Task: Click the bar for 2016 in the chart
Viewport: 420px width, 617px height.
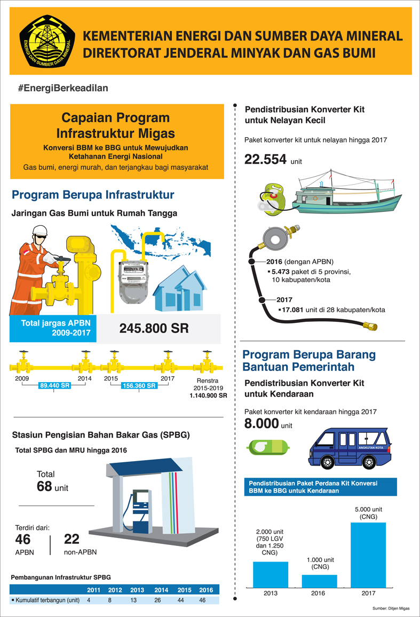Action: [x=319, y=581]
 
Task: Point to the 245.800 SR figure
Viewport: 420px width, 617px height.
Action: [x=154, y=328]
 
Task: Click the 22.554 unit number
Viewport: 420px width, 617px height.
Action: [x=266, y=159]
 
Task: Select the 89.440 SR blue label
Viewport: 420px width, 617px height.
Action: [x=55, y=385]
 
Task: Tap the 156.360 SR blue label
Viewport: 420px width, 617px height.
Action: [x=138, y=385]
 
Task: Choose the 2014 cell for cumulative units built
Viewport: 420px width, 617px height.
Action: [x=161, y=600]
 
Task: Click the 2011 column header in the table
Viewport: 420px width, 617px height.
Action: [x=93, y=590]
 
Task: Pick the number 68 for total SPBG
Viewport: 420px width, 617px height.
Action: [x=44, y=486]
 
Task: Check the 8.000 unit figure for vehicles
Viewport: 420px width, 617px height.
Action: [x=261, y=424]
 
